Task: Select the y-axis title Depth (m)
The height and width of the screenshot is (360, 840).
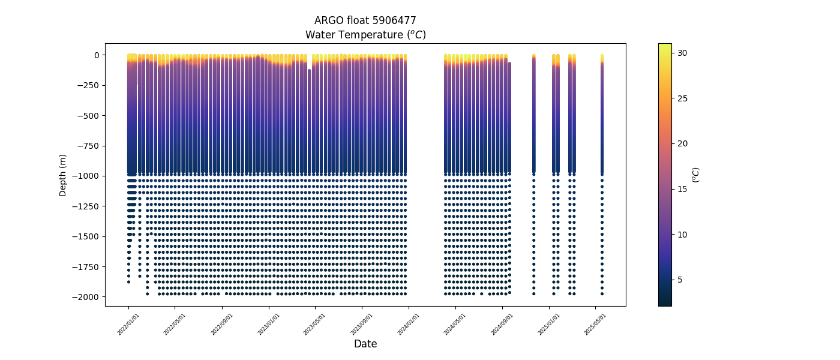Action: pyautogui.click(x=63, y=175)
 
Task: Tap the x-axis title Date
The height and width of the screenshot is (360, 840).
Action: pyautogui.click(x=365, y=344)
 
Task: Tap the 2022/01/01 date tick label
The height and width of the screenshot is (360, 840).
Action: pyautogui.click(x=129, y=324)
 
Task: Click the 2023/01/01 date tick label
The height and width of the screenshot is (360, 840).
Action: pyautogui.click(x=269, y=324)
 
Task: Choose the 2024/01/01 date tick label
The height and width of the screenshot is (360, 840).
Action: pyautogui.click(x=409, y=324)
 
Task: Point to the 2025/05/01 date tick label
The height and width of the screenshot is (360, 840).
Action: pyautogui.click(x=595, y=324)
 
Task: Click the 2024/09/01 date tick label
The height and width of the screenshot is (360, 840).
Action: pyautogui.click(x=503, y=324)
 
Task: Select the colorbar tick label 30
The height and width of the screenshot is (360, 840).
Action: pyautogui.click(x=682, y=53)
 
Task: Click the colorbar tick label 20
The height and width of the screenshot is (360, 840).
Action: pyautogui.click(x=682, y=143)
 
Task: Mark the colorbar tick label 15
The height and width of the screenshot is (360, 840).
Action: pyautogui.click(x=682, y=189)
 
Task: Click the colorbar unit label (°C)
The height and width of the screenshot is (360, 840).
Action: pyautogui.click(x=695, y=175)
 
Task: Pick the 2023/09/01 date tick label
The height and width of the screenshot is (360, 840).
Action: pyautogui.click(x=362, y=324)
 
